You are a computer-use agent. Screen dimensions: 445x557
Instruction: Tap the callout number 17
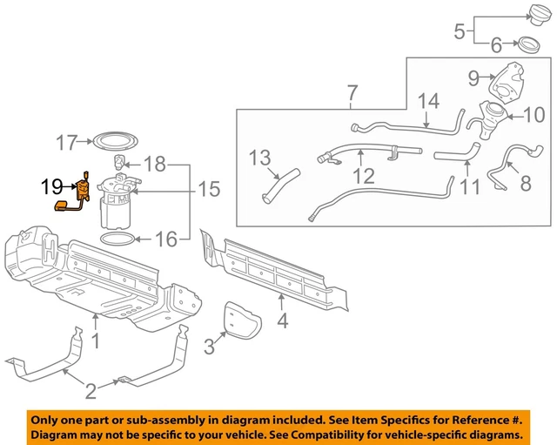(66, 141)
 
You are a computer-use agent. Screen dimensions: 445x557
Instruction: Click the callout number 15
(209, 188)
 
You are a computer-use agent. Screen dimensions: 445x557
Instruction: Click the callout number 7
(352, 91)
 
